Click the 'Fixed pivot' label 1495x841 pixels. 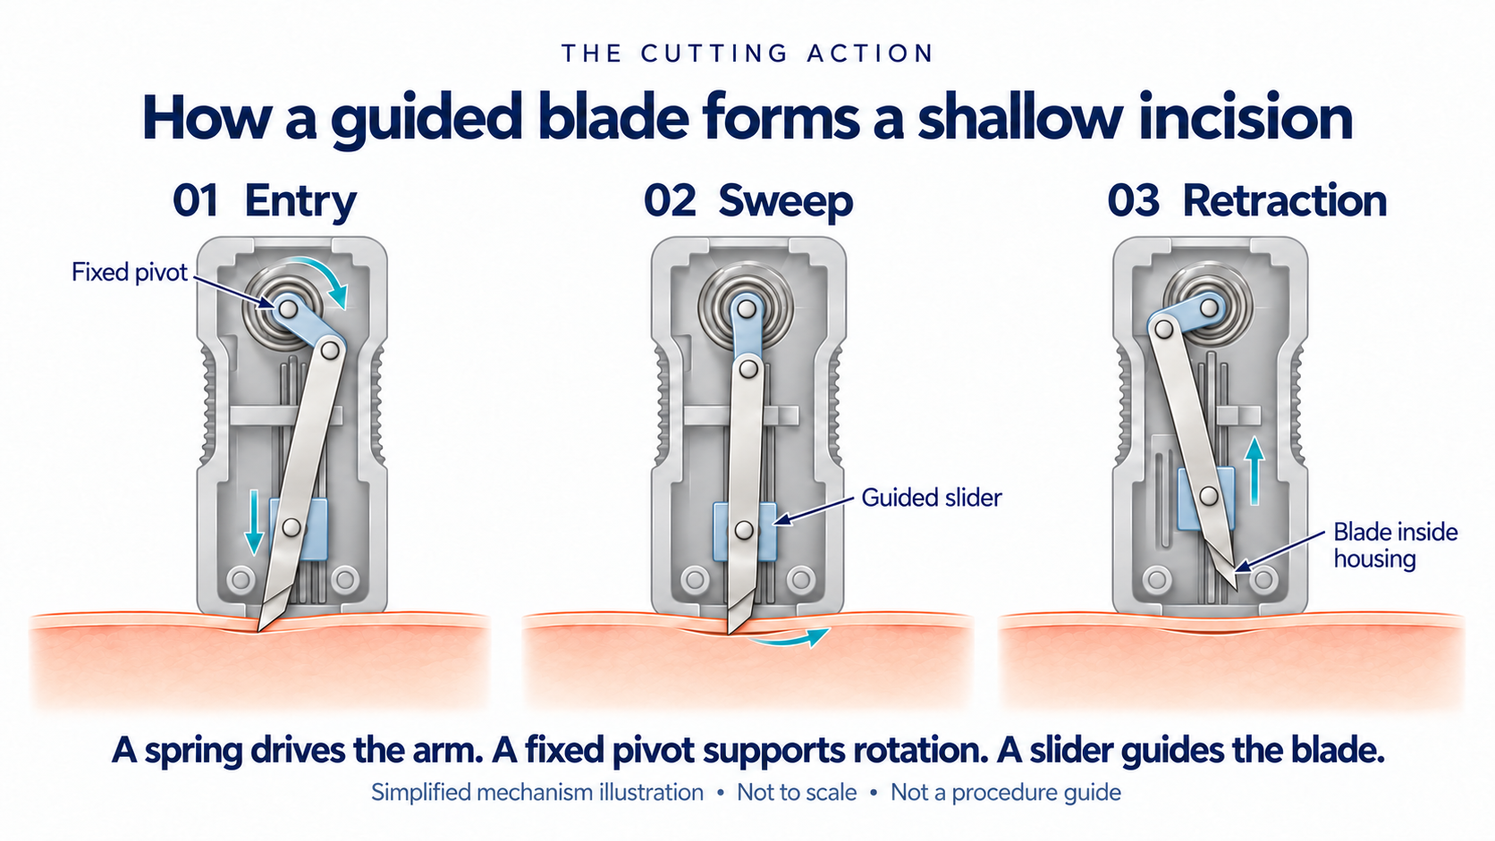click(x=130, y=272)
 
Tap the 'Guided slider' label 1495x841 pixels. click(x=931, y=498)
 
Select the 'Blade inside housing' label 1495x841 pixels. click(x=1395, y=545)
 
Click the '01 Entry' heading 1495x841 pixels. click(x=265, y=201)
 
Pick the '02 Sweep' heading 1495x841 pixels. click(x=748, y=201)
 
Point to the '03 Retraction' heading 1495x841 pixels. click(x=1246, y=200)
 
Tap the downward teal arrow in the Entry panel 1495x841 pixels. click(x=254, y=522)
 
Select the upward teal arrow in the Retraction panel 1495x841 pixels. click(x=1254, y=471)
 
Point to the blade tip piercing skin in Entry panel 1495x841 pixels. click(x=259, y=629)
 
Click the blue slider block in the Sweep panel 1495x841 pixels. click(x=745, y=532)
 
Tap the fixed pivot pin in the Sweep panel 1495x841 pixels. click(x=747, y=308)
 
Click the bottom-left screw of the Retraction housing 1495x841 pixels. click(x=1157, y=579)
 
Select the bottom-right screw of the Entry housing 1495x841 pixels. click(x=345, y=578)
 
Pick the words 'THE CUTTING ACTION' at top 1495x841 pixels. click(x=747, y=54)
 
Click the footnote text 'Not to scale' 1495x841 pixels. click(x=796, y=793)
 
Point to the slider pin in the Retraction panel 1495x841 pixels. click(x=1209, y=496)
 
